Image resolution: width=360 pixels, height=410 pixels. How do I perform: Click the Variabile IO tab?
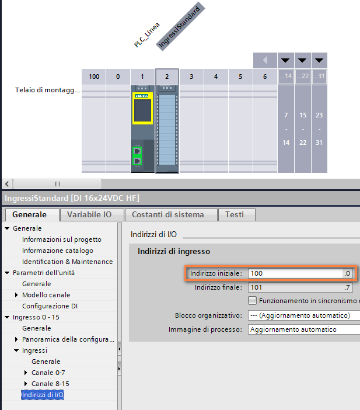(x=89, y=214)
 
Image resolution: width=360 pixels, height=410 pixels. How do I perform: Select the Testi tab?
(x=235, y=214)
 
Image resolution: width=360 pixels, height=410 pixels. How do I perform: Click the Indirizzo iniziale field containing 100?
(x=295, y=273)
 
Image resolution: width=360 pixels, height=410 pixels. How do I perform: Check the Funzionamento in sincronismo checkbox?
(x=252, y=301)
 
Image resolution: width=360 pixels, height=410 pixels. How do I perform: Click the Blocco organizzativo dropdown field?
(x=303, y=315)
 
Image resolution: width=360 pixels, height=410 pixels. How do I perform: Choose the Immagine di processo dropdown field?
(x=303, y=329)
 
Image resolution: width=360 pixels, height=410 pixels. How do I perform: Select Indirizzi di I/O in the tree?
(x=43, y=395)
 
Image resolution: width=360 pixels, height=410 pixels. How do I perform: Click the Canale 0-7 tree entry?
(x=49, y=373)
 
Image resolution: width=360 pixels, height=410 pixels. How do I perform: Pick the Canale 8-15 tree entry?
(x=51, y=384)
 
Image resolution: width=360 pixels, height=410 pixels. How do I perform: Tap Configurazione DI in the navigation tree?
(x=50, y=306)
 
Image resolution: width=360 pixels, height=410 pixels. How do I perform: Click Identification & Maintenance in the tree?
(x=67, y=262)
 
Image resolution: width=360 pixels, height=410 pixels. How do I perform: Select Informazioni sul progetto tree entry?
(x=61, y=239)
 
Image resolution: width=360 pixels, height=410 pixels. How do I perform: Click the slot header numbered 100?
(x=93, y=77)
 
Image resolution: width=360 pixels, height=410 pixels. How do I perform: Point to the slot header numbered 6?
(x=265, y=77)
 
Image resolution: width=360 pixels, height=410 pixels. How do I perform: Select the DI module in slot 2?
(x=167, y=128)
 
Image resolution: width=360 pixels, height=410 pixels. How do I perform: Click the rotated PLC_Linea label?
(x=147, y=35)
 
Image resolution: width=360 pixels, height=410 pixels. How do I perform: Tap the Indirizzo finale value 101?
(x=295, y=287)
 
